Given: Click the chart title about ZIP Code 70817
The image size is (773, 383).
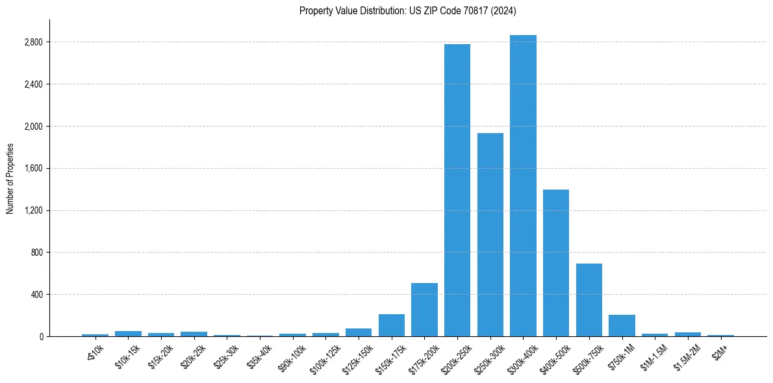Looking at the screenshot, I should [408, 10].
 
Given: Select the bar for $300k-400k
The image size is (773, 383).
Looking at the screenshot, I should [523, 186].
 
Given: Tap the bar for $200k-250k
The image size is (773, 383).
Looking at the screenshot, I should [457, 190].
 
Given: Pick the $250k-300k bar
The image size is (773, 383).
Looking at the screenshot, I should [490, 234].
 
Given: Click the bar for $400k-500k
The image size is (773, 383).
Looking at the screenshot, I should [556, 263].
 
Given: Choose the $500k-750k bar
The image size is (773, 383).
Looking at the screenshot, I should [589, 300].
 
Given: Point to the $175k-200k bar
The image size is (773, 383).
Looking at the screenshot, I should [424, 310].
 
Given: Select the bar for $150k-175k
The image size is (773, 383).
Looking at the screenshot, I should [392, 325].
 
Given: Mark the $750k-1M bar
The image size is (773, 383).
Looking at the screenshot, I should [622, 325].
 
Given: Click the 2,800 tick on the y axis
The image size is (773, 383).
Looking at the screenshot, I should [33, 42].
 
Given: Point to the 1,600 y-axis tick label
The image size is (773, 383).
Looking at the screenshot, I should [33, 168].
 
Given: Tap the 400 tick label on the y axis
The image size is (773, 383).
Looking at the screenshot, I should [36, 294].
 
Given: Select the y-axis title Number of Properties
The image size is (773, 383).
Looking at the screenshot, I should [10, 178].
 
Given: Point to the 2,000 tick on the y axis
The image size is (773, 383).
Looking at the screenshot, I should [33, 126].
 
